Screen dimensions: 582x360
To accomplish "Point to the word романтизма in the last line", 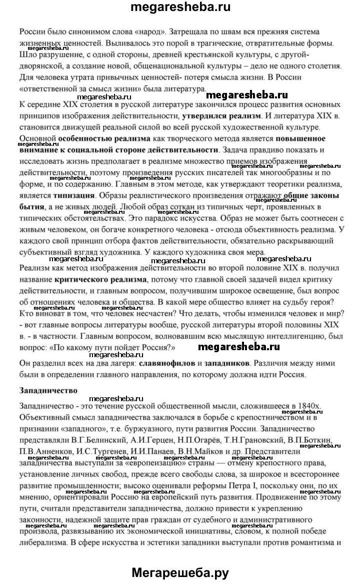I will [x=297, y=527].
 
